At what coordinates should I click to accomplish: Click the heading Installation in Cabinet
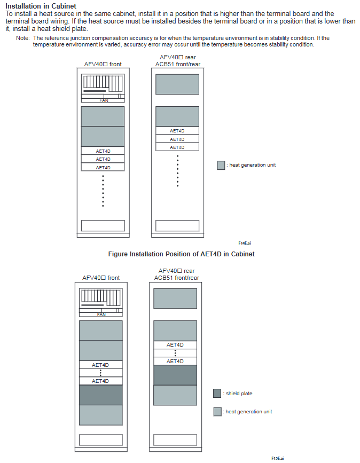[41, 6]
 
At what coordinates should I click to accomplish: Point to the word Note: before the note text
[22, 38]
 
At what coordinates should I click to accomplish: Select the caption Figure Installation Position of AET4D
[181, 254]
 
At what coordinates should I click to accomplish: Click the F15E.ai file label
[278, 458]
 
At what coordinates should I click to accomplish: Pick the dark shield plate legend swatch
[217, 394]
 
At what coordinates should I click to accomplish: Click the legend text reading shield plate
[239, 394]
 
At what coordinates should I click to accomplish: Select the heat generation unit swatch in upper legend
[221, 165]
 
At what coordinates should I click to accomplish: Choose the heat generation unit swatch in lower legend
[217, 412]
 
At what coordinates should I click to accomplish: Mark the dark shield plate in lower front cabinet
[101, 395]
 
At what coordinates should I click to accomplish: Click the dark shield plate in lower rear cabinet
[175, 375]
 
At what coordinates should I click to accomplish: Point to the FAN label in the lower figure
[101, 315]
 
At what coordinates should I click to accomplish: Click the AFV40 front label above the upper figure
[103, 64]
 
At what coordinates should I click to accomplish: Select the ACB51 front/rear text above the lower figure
[177, 278]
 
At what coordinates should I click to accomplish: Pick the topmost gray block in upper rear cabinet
[177, 84]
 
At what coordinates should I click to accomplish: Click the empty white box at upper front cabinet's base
[103, 225]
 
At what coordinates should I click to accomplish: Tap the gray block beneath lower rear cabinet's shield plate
[175, 395]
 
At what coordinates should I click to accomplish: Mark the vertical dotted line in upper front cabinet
[103, 191]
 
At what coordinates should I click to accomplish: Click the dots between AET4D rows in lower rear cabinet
[175, 353]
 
